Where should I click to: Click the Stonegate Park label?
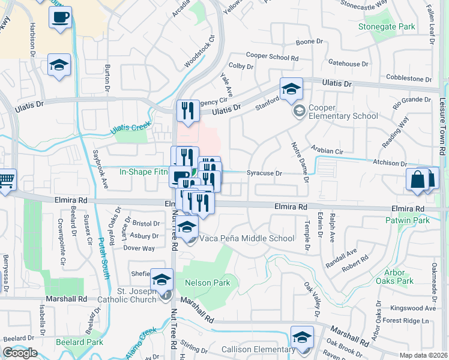click(394, 27)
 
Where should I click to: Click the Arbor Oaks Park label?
click(399, 276)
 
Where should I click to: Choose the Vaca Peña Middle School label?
click(247, 238)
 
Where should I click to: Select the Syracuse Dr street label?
click(264, 173)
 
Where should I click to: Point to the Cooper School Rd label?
click(272, 58)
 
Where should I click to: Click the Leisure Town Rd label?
click(442, 132)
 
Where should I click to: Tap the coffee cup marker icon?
click(59, 18)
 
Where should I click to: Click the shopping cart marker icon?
click(5, 179)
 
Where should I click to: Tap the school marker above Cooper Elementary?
click(291, 89)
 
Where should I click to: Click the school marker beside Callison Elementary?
click(302, 337)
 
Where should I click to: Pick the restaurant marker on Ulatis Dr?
click(188, 110)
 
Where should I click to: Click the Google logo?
click(20, 353)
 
